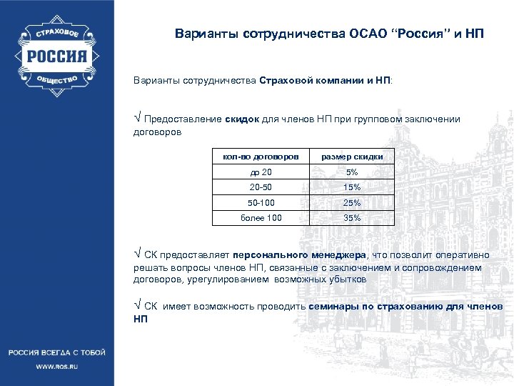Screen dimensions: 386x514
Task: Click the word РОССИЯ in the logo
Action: point(56,56)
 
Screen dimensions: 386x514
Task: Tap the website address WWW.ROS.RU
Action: point(56,366)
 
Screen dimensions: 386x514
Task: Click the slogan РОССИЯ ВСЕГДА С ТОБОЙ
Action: point(56,352)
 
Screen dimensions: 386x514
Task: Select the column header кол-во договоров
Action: point(260,157)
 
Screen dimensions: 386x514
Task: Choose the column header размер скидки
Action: point(352,157)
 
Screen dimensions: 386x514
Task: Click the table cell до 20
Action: point(261,172)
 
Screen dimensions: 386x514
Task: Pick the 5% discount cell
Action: point(352,172)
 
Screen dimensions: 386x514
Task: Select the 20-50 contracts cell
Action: point(261,187)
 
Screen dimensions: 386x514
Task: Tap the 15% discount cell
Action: point(352,187)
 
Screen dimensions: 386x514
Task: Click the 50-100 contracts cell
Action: point(261,203)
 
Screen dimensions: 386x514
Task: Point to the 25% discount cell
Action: point(352,203)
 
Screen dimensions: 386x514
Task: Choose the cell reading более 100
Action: point(261,218)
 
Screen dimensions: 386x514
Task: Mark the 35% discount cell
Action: point(352,218)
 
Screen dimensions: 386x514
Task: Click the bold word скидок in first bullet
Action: point(243,119)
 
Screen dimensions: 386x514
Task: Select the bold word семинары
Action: point(333,306)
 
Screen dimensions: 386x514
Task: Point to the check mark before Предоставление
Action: point(137,118)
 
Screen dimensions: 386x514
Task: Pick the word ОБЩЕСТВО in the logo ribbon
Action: point(56,81)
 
